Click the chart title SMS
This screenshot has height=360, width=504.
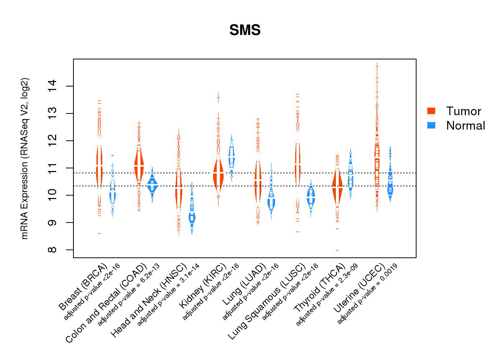[245, 30]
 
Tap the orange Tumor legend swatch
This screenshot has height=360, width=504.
[431, 111]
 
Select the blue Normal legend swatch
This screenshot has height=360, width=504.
[431, 125]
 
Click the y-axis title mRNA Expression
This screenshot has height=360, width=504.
[24, 158]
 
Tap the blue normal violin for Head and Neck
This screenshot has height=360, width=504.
[192, 216]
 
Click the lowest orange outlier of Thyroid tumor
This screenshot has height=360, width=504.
[337, 250]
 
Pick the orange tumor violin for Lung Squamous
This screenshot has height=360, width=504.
[297, 162]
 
